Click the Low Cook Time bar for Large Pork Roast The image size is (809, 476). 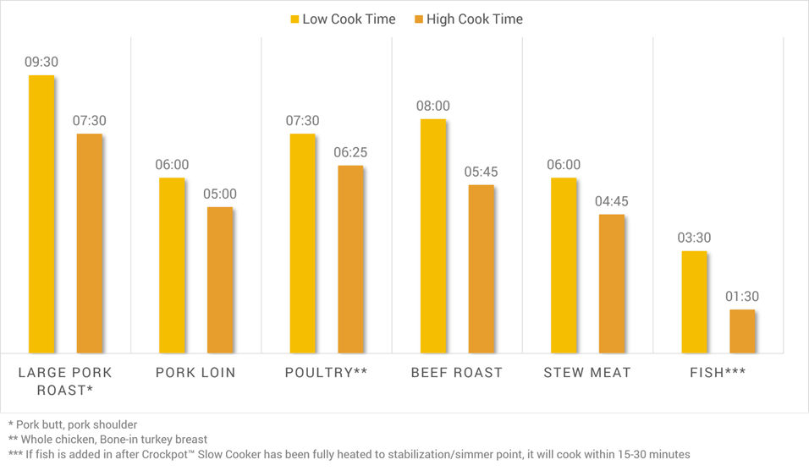pyautogui.click(x=41, y=214)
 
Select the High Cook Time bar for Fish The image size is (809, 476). pyautogui.click(x=742, y=331)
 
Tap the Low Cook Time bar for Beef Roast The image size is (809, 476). pyautogui.click(x=432, y=236)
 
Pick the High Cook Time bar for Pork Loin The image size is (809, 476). pyautogui.click(x=220, y=280)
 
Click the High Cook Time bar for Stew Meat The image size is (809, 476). pyautogui.click(x=612, y=283)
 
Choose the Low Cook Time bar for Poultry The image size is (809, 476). pyautogui.click(x=302, y=243)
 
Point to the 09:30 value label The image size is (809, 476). pyautogui.click(x=41, y=63)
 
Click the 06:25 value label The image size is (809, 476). pyautogui.click(x=350, y=153)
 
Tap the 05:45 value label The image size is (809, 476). pyautogui.click(x=481, y=172)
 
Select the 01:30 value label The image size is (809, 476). pyautogui.click(x=742, y=297)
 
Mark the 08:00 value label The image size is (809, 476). pyautogui.click(x=432, y=107)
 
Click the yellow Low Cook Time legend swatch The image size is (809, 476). pyautogui.click(x=295, y=19)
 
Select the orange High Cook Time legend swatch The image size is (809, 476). pyautogui.click(x=418, y=19)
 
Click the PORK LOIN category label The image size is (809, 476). pyautogui.click(x=195, y=373)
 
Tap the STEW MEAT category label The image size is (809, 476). pyautogui.click(x=587, y=373)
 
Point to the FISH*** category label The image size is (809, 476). pyautogui.click(x=718, y=373)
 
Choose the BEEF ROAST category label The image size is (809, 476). pyautogui.click(x=457, y=373)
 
